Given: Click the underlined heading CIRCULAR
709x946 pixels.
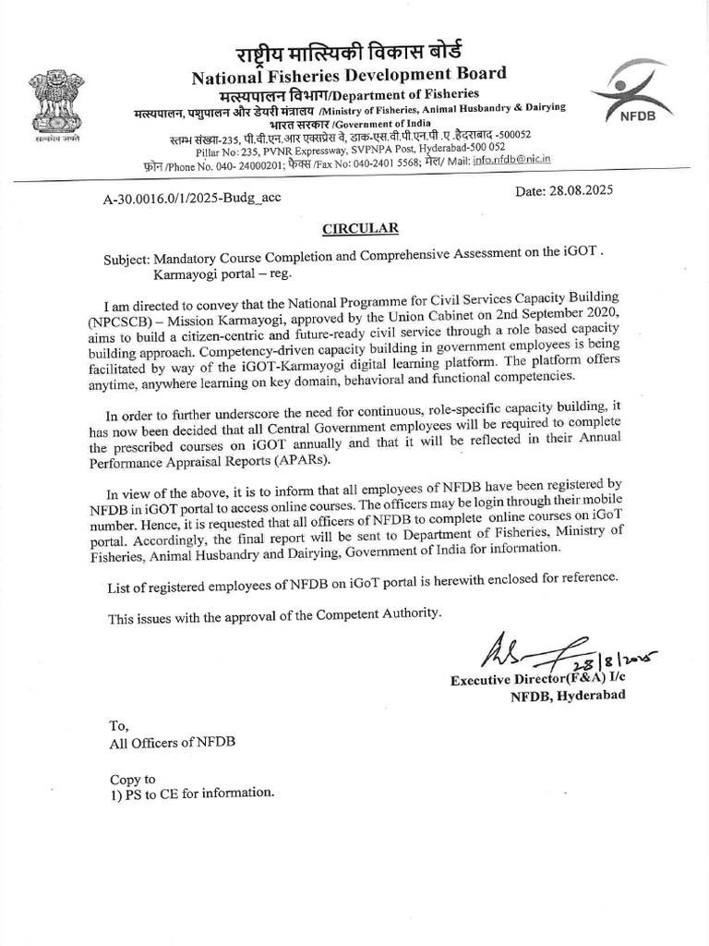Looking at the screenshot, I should pyautogui.click(x=347, y=226).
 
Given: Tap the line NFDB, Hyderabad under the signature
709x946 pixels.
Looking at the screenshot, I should pyautogui.click(x=568, y=696).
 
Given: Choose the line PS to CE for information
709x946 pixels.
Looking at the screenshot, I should pyautogui.click(x=191, y=793).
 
